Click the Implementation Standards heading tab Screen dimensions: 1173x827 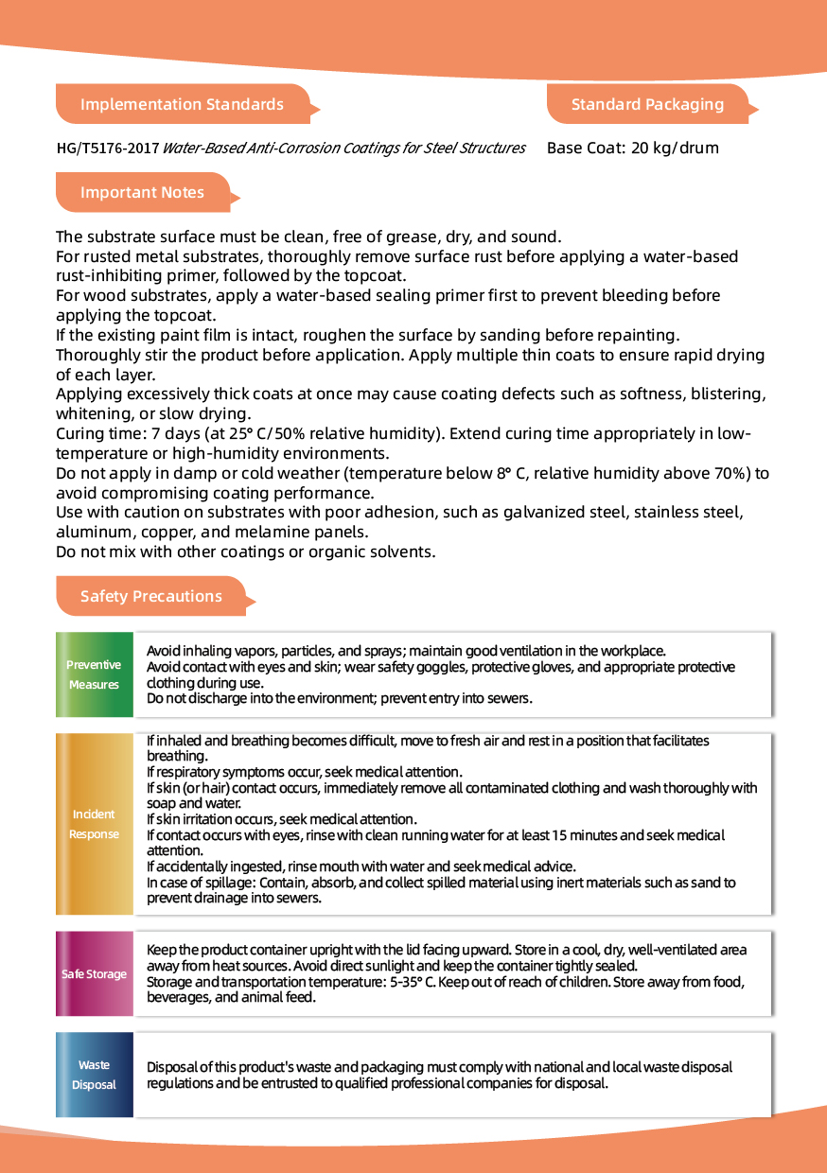pyautogui.click(x=182, y=104)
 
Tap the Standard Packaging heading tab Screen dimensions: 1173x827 pyautogui.click(x=647, y=104)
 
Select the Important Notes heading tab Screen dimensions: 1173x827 pyautogui.click(x=142, y=192)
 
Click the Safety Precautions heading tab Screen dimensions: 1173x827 pyautogui.click(x=151, y=596)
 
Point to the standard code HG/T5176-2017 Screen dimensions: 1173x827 pyautogui.click(x=107, y=149)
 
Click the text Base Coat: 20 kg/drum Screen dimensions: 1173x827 pyautogui.click(x=632, y=149)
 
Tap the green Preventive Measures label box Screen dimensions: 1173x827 pyautogui.click(x=94, y=674)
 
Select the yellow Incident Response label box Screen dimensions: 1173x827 pyautogui.click(x=94, y=824)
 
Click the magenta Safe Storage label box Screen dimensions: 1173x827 pyautogui.click(x=94, y=974)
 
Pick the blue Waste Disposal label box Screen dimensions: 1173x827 pyautogui.click(x=94, y=1075)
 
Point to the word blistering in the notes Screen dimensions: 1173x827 pyautogui.click(x=723, y=394)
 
